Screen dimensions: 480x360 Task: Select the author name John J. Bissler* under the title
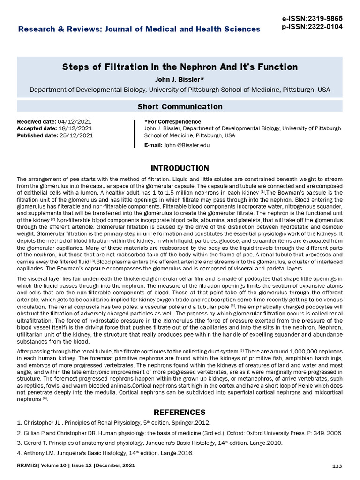click(x=180, y=79)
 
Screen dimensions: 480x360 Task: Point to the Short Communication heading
click(x=180, y=107)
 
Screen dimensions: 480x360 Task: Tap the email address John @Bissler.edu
click(x=187, y=145)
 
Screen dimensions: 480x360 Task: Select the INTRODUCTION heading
click(x=180, y=168)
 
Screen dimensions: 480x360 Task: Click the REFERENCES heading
click(x=180, y=412)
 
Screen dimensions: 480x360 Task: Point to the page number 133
click(x=337, y=466)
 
